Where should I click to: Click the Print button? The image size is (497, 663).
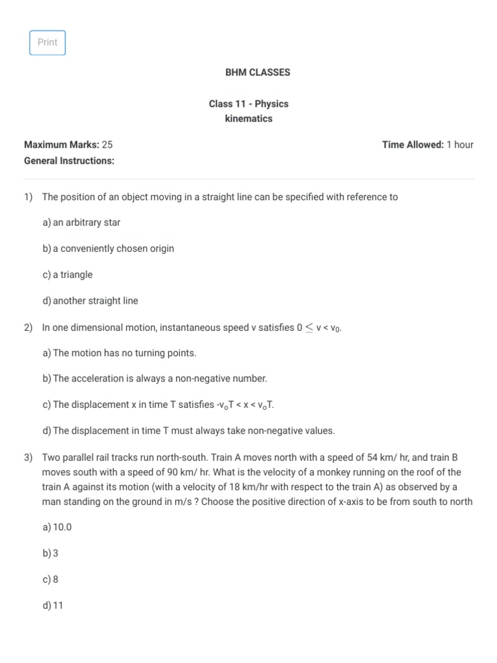47,43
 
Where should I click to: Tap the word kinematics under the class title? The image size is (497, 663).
248,118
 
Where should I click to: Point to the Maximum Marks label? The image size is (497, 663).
61,144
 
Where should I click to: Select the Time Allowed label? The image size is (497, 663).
413,144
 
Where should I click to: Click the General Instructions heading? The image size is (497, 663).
69,161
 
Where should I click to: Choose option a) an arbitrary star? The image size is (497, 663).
82,223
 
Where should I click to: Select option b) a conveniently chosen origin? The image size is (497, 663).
108,249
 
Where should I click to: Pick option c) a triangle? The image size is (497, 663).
67,275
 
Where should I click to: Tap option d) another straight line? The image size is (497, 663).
90,301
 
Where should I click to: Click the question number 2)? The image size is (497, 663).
28,328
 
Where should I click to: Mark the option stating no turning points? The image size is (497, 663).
119,353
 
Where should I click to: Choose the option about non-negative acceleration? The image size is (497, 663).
155,379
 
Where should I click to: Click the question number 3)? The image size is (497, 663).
28,457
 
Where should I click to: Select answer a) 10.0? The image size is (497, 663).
57,527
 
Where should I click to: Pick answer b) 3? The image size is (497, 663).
50,554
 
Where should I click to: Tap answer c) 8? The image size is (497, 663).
50,579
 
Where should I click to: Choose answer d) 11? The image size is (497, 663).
53,606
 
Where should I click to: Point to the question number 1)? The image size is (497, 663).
28,197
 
